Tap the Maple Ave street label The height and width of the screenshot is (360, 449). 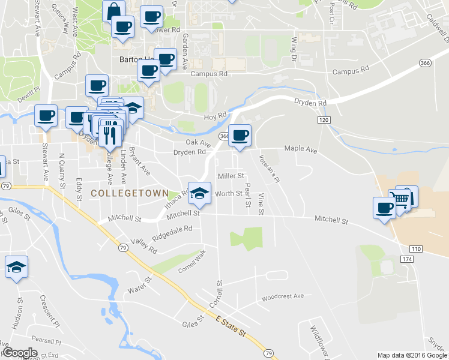[x=300, y=148]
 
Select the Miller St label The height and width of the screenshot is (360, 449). [x=231, y=176]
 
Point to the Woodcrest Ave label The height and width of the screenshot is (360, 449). [x=283, y=296]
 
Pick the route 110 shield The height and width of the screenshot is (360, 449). [x=417, y=248]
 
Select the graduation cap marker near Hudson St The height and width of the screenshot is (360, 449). [x=16, y=268]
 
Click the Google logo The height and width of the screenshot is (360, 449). [x=20, y=353]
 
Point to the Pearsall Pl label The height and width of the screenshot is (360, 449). [x=47, y=341]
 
